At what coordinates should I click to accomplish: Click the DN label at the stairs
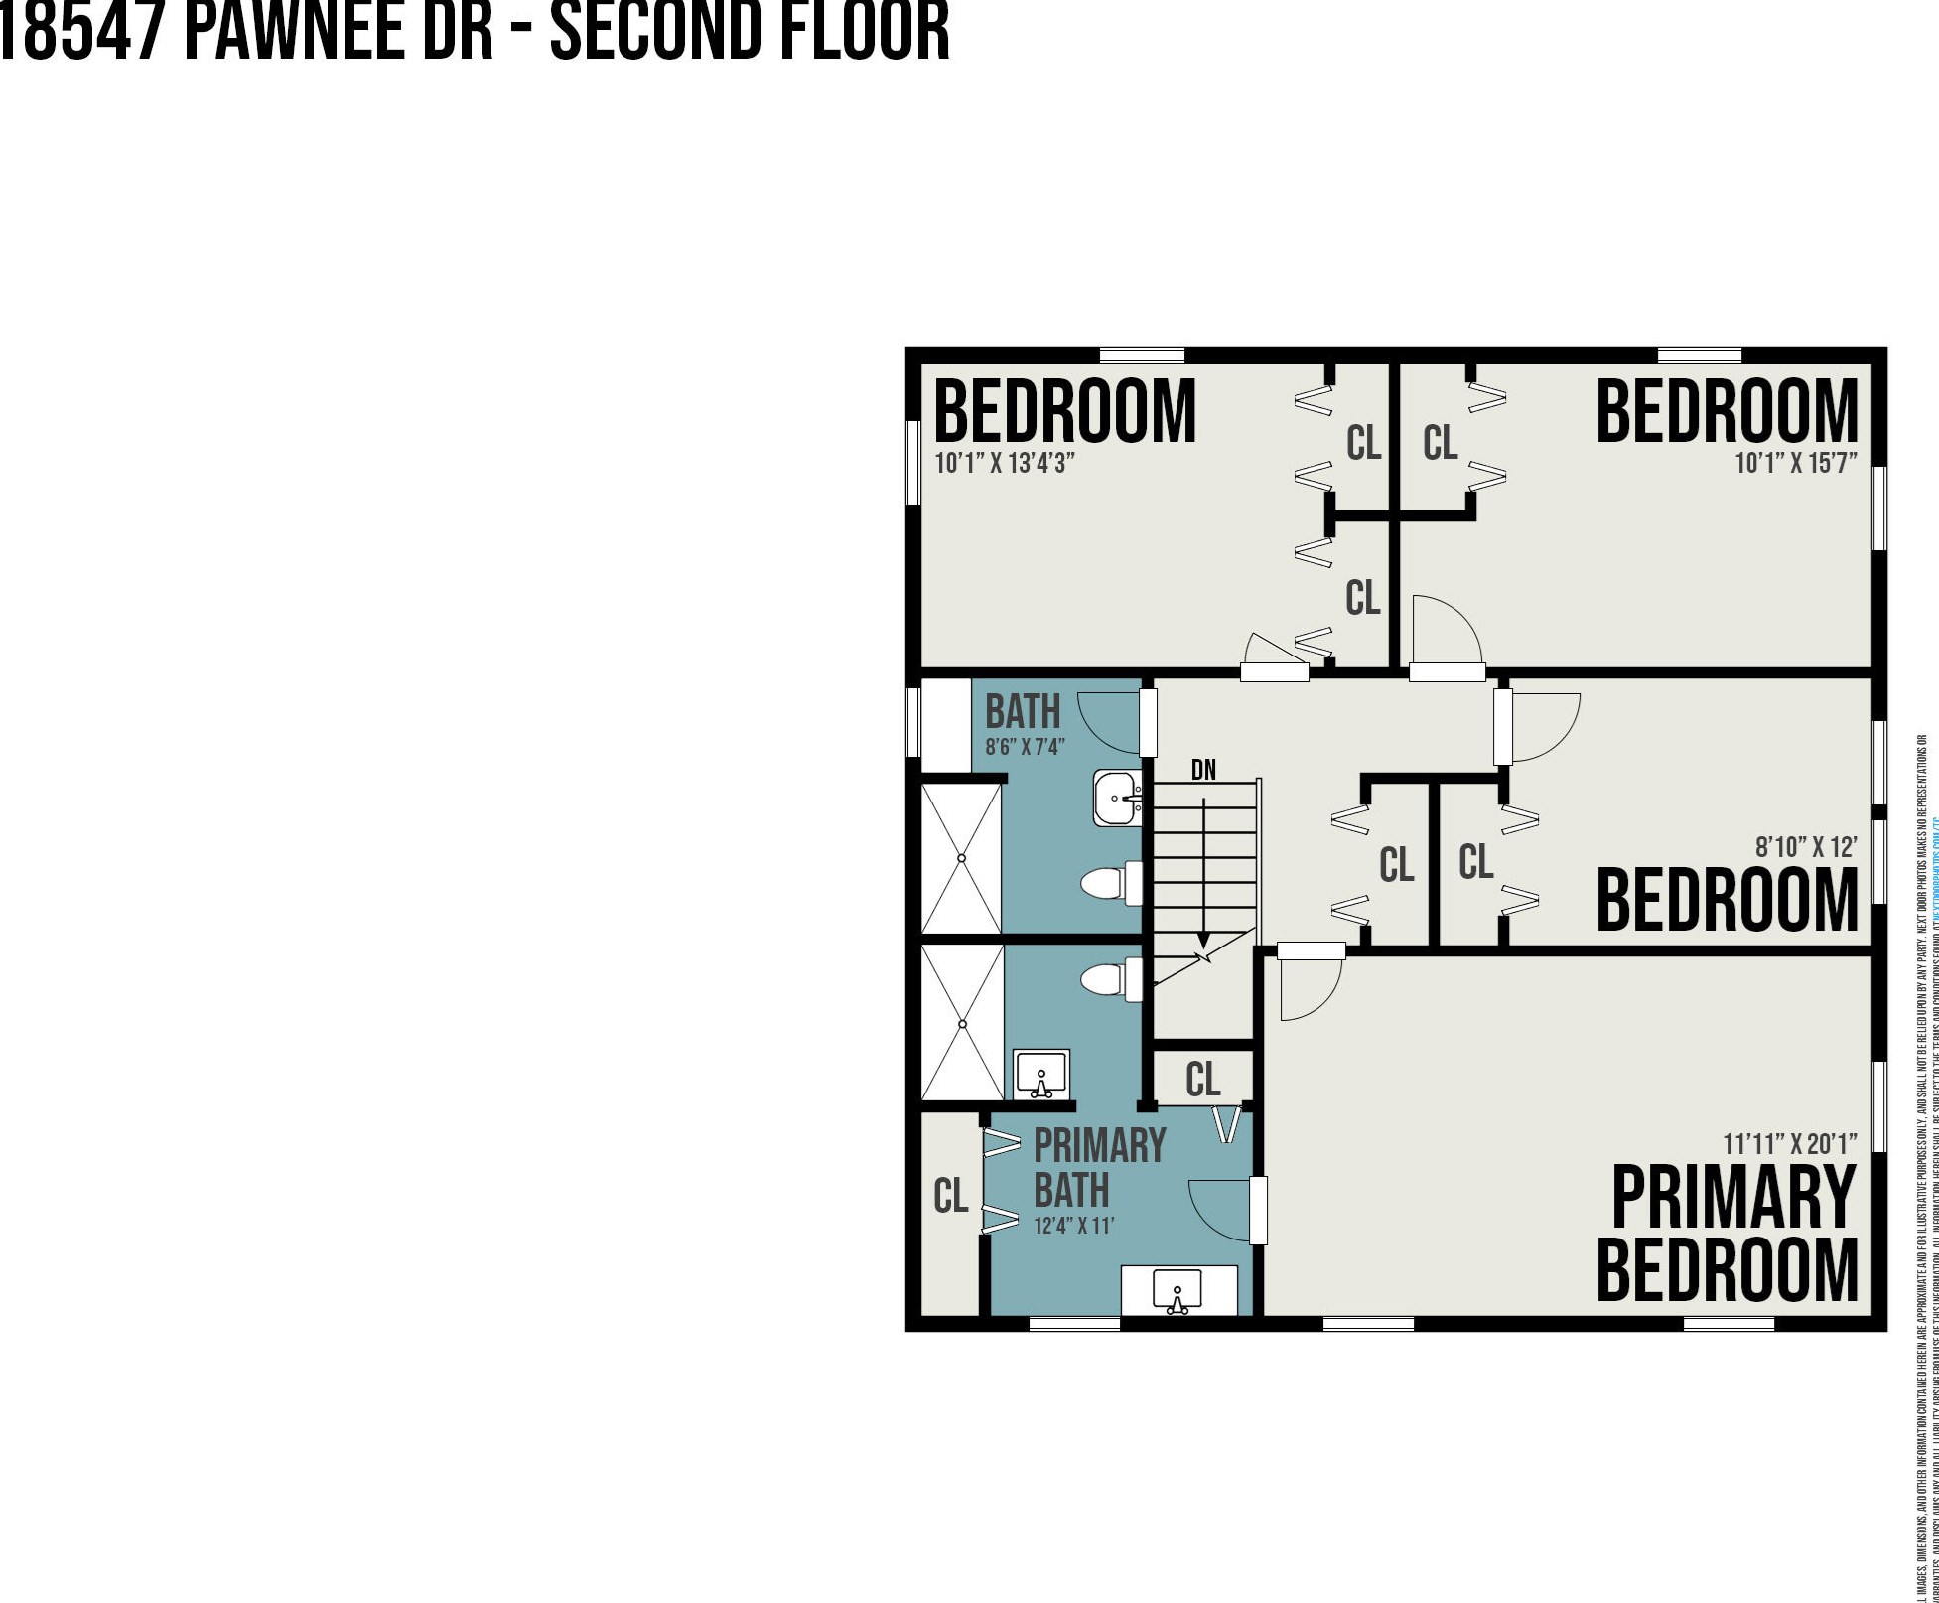[1203, 770]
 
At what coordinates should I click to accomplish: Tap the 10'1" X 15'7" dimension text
[1795, 463]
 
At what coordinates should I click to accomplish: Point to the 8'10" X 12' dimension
[1806, 847]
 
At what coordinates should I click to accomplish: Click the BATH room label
[1022, 712]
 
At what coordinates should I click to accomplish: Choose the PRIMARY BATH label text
[1098, 1168]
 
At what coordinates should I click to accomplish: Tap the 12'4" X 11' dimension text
[1074, 1226]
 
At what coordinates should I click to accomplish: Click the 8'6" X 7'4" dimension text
[1026, 747]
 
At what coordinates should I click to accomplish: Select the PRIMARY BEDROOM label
[1727, 1234]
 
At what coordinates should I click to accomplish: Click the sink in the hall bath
[1118, 798]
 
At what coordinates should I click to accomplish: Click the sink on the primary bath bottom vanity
[1177, 1292]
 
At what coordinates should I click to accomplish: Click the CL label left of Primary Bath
[950, 1197]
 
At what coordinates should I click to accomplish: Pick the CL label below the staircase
[1202, 1080]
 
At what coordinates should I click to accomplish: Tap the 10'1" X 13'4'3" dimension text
[1005, 463]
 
